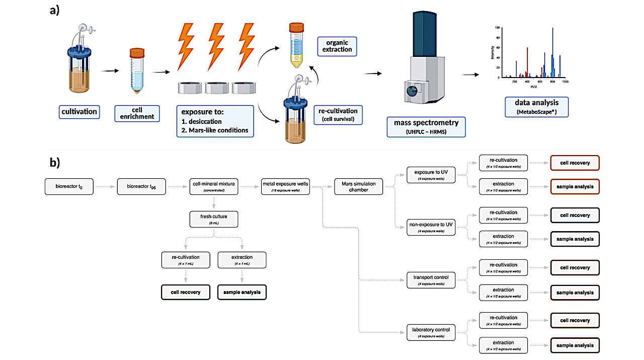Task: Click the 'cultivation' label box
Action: pos(79,111)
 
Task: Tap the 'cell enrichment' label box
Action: pos(137,113)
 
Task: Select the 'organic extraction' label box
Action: pos(337,46)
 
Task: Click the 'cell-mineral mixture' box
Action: pos(214,186)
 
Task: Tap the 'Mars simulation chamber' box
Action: pos(359,186)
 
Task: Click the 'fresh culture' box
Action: pos(214,219)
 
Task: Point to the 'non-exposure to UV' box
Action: pos(431,228)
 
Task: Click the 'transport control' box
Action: pos(431,280)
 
